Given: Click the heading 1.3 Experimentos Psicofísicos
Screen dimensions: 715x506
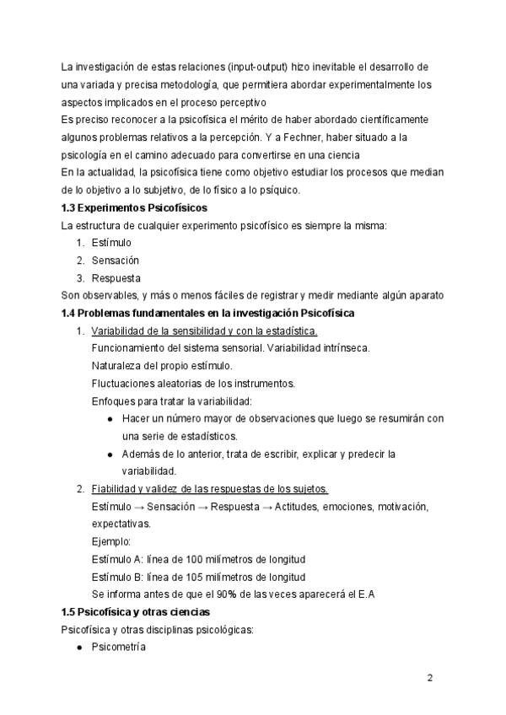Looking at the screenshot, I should (135, 207).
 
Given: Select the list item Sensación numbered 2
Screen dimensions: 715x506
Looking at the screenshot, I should (116, 261).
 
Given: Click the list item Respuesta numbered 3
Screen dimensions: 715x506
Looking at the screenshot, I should (117, 277).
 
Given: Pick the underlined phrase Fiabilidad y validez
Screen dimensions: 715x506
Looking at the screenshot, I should (136, 489).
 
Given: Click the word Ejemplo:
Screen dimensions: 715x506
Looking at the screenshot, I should (111, 541).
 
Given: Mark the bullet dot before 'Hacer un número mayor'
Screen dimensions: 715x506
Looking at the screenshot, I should (111, 419).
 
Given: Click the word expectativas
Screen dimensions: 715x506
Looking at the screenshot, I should (121, 524).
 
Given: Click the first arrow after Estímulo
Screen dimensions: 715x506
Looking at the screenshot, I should (140, 507).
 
